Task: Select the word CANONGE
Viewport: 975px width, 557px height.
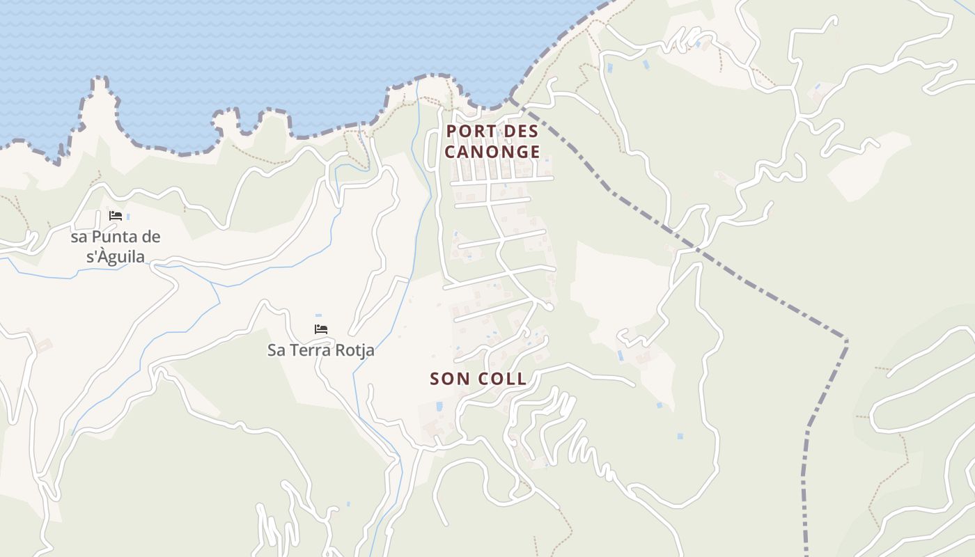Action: pyautogui.click(x=492, y=152)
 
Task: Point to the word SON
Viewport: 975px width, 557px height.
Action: pyautogui.click(x=449, y=379)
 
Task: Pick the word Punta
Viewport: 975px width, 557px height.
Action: pyautogui.click(x=114, y=237)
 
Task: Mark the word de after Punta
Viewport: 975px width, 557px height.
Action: pyautogui.click(x=150, y=237)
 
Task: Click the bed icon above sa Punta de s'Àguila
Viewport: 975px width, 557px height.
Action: pyautogui.click(x=116, y=216)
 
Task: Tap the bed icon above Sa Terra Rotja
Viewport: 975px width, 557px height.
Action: pyautogui.click(x=321, y=329)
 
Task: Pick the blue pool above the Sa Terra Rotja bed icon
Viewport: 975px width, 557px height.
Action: pyautogui.click(x=318, y=315)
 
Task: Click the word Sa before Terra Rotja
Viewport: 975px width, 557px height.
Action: pyautogui.click(x=276, y=350)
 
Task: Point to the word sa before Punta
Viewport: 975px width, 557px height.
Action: pyautogui.click(x=79, y=237)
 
